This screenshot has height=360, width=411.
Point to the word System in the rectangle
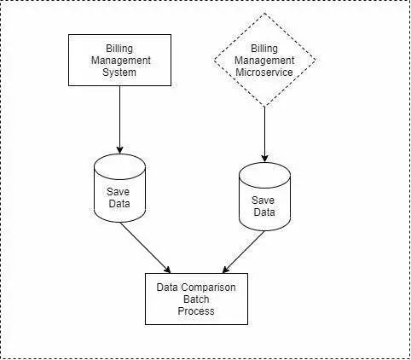119,73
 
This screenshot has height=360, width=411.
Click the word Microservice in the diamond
264,73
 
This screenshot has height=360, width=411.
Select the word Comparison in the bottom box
208,287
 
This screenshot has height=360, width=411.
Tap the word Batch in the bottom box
196,299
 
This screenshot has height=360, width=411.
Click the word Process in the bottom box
196,311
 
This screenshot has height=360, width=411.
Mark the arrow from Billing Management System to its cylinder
119,119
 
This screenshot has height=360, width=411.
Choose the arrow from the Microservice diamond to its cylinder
264,135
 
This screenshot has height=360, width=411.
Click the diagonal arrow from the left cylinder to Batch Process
145,247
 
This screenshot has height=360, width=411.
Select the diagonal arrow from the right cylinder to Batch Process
244,252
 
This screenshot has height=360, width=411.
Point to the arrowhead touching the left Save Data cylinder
119,150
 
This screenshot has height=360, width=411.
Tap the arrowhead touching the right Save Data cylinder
264,159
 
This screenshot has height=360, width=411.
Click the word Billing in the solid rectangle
119,49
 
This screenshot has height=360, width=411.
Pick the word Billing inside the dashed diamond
264,49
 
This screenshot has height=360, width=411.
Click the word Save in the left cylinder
118,192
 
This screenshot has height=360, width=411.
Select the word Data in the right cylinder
264,212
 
